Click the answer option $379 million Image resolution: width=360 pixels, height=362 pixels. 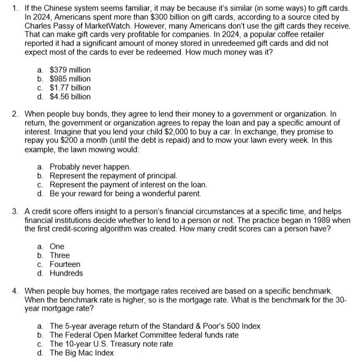coord(70,70)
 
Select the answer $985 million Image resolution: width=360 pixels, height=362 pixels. coord(70,79)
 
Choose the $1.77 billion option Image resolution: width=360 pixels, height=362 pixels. coord(70,87)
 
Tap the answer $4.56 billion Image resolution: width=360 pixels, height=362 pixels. coord(70,96)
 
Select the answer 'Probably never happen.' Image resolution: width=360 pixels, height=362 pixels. coord(90,167)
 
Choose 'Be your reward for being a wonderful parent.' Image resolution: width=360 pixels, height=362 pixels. coord(125,194)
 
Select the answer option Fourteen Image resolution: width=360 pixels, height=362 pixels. coord(65,265)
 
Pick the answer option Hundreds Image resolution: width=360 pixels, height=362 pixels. coord(66,273)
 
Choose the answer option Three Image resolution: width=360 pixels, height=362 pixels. coord(59,256)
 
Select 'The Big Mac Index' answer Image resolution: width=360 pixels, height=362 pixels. coord(81,353)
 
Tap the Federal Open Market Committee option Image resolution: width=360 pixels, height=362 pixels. coord(144,335)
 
